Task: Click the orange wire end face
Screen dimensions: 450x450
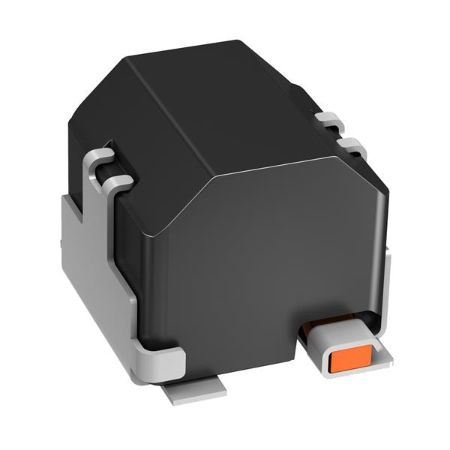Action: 347,361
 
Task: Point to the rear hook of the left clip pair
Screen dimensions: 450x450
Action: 100,157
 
